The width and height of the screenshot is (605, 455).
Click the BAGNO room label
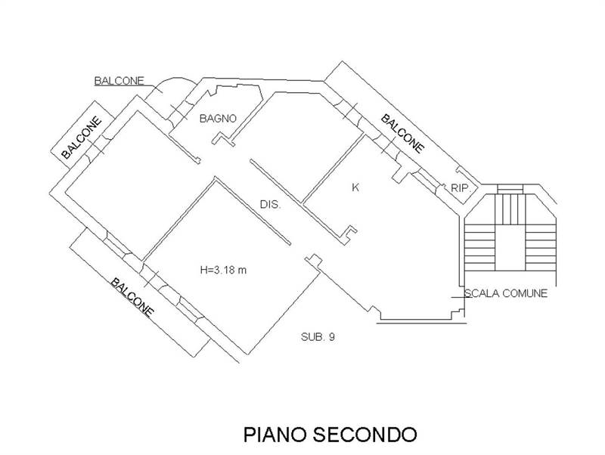(x=219, y=119)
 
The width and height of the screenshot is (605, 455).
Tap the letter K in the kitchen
(x=355, y=187)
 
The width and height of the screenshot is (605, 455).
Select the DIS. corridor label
(x=271, y=204)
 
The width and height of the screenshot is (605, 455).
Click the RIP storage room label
(x=460, y=188)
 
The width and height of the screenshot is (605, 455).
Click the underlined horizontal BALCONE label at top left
(x=119, y=80)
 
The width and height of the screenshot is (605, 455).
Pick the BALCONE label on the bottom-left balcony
(x=132, y=297)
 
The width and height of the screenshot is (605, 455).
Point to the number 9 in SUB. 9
(x=330, y=338)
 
